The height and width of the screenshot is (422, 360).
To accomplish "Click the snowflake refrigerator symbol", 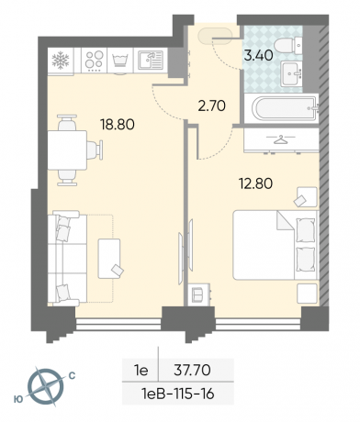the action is tap(61, 60).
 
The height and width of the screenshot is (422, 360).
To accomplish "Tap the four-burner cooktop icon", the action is tap(94, 61).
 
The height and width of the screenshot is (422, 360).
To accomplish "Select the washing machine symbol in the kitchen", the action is tap(120, 60).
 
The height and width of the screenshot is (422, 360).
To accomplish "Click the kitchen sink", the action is tap(151, 60).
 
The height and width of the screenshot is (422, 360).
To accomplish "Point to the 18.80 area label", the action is tap(118, 125).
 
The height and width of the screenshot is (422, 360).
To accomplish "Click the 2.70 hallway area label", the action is tap(212, 106).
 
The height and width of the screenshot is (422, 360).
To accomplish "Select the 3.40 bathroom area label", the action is tap(259, 56).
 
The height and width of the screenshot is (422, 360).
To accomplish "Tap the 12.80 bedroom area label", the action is tap(256, 184).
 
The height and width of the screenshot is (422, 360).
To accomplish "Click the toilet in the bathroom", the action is tap(288, 46).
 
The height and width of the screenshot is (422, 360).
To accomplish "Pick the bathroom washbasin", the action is tap(292, 73).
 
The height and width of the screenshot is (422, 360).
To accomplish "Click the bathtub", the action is tap(285, 108).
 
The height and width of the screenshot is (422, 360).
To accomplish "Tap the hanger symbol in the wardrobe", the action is tap(280, 139).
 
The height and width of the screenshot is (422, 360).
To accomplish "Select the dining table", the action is tap(67, 150).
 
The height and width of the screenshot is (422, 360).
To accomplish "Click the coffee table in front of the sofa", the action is tap(109, 259).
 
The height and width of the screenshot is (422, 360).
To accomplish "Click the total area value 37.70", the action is tap(192, 371).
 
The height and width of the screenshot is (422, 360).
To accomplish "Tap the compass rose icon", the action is tap(46, 386).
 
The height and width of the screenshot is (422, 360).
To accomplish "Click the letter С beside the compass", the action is tap(72, 376).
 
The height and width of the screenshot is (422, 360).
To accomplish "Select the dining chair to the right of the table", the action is tap(95, 150).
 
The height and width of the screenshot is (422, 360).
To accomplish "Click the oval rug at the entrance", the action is tap(216, 37).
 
